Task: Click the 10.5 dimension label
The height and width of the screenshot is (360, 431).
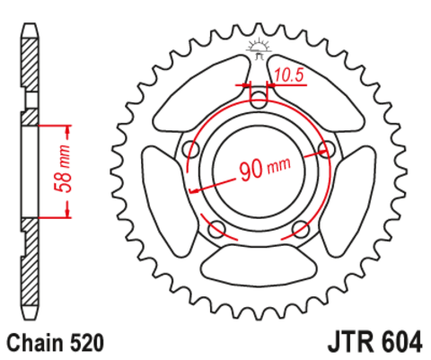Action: tap(288, 75)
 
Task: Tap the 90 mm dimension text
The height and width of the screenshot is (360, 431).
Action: tap(265, 169)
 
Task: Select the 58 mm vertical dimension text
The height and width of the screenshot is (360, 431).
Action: tap(63, 169)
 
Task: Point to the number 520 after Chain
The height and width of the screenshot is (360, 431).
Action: tap(87, 343)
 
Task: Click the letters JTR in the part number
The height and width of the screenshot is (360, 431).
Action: tap(350, 341)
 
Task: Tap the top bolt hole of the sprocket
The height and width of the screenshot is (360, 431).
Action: tap(259, 100)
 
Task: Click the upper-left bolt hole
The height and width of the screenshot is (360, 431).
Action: tap(191, 149)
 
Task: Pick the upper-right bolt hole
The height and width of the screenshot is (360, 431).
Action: tap(327, 149)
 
